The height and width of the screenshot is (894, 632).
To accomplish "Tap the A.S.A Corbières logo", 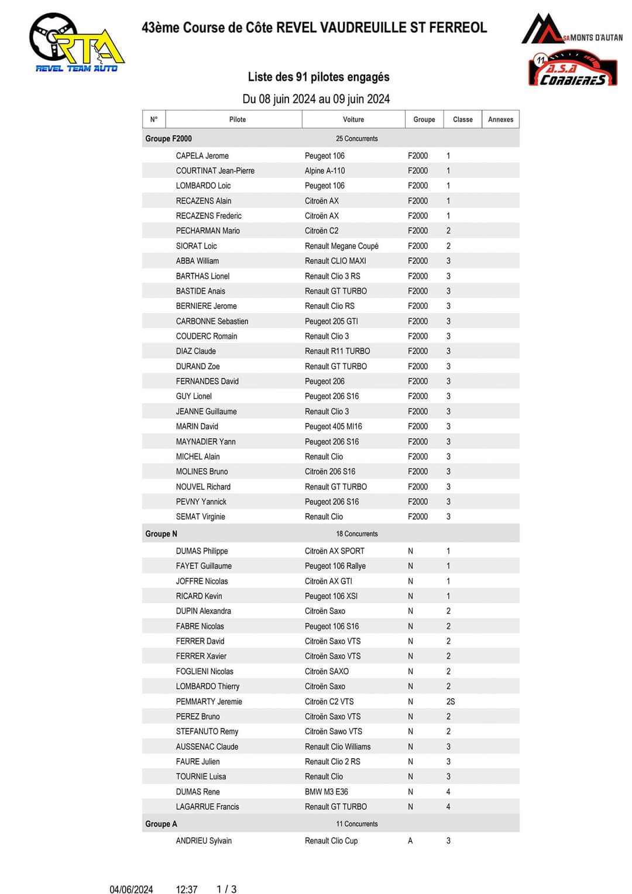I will tap(572, 69).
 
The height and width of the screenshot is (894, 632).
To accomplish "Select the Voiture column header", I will tap(353, 119).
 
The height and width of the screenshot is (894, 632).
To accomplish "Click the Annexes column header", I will tap(500, 119).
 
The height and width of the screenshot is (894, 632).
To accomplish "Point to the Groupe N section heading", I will tap(161, 534).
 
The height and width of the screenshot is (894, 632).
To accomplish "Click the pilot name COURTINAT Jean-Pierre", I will tap(215, 171).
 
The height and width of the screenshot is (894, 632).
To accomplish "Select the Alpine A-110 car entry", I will tap(325, 171).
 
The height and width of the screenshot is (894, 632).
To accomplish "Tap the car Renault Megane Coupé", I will tap(341, 246).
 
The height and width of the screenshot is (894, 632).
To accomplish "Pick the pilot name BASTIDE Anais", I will tap(200, 291).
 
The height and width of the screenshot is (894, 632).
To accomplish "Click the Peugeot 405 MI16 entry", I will tap(333, 427).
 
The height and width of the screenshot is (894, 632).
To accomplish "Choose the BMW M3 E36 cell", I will tap(326, 792).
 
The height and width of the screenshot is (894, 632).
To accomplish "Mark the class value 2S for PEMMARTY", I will tap(450, 702).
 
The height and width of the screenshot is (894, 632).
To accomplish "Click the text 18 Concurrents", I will tap(356, 534).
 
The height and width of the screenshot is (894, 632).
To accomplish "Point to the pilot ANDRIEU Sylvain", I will tap(204, 841).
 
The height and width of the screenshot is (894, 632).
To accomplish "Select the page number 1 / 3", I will tap(226, 889).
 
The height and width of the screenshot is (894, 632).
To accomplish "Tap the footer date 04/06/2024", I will tap(131, 889).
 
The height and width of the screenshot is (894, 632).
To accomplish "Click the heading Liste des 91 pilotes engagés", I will tap(318, 77).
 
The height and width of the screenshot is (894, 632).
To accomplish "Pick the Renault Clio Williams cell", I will tap(337, 747).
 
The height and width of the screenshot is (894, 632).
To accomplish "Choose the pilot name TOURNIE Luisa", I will tap(201, 776).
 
